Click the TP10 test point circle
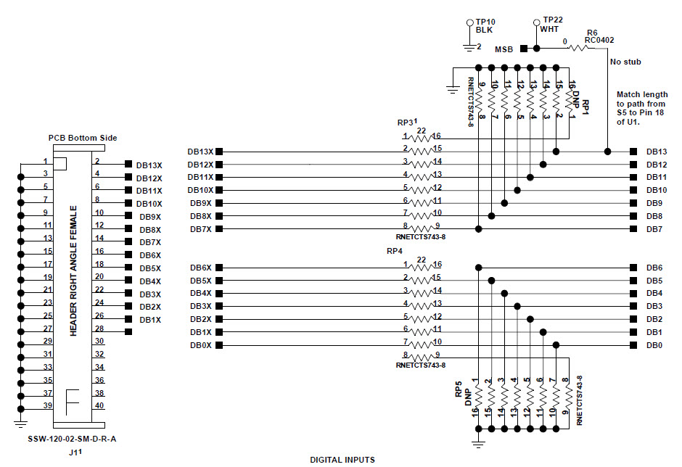pyautogui.click(x=470, y=22)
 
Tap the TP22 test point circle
pyautogui.click(x=536, y=22)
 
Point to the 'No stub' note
pyautogui.click(x=625, y=62)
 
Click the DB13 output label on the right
pyautogui.click(x=657, y=152)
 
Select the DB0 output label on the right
pyautogui.click(x=654, y=345)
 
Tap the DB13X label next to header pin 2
pyautogui.click(x=149, y=165)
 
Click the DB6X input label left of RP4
pyautogui.click(x=200, y=268)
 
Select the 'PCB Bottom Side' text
pyautogui.click(x=82, y=138)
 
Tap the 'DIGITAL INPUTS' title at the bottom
pyautogui.click(x=342, y=459)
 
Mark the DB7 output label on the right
pyautogui.click(x=654, y=229)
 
